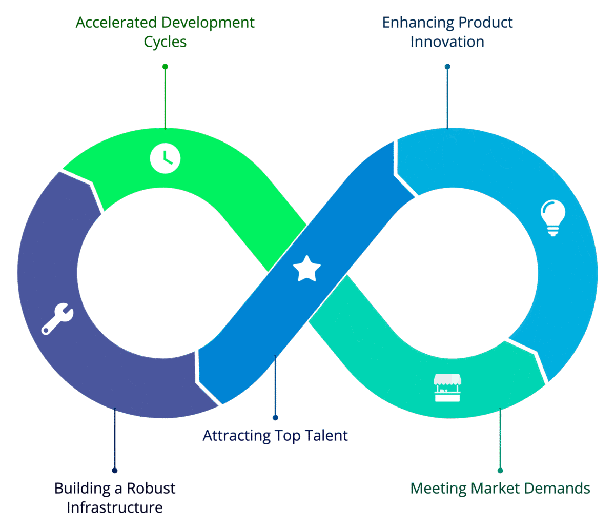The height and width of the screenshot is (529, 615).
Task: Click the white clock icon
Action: coord(165,157)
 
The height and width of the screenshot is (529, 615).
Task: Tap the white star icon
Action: coord(306,269)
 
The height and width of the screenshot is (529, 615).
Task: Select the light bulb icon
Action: coord(553,217)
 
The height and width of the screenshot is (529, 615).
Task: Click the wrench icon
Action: coord(57,318)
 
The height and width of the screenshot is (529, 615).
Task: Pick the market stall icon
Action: coord(447,388)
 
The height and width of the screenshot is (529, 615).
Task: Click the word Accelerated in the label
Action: coord(117,23)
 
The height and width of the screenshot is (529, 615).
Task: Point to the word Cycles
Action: coord(165,42)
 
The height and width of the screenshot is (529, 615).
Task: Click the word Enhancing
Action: coord(418,23)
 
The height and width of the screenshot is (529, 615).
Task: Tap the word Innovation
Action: coord(447,42)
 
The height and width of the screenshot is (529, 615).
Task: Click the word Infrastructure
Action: coord(115,508)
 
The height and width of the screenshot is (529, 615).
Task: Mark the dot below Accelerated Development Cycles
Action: coord(165,67)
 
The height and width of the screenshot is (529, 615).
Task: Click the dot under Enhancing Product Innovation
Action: coord(447,67)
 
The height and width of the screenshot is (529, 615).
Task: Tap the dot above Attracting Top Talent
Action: coord(275,418)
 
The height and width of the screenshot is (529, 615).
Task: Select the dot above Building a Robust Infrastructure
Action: coord(115,470)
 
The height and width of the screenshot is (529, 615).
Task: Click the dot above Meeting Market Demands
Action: coord(500,470)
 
